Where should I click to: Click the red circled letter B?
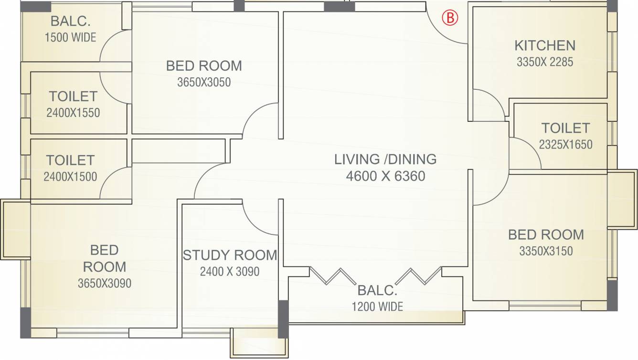coord(450,18)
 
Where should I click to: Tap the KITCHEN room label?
coord(545,45)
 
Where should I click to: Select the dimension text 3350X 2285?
coord(545,62)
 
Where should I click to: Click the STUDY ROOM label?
coord(230,255)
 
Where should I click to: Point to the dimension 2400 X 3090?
coord(230,271)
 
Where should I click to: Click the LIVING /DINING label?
coord(385,159)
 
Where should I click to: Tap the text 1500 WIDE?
coord(71,38)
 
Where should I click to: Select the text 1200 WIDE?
coord(377,307)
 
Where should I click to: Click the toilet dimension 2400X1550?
coord(73,113)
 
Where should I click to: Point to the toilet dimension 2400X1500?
coord(70,177)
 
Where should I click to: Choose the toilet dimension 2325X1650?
coord(566,145)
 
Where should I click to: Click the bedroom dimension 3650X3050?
coord(204,82)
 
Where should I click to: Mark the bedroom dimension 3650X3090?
coord(105,284)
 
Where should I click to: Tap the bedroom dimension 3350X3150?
coord(546,251)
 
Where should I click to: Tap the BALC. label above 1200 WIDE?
coord(377,290)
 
